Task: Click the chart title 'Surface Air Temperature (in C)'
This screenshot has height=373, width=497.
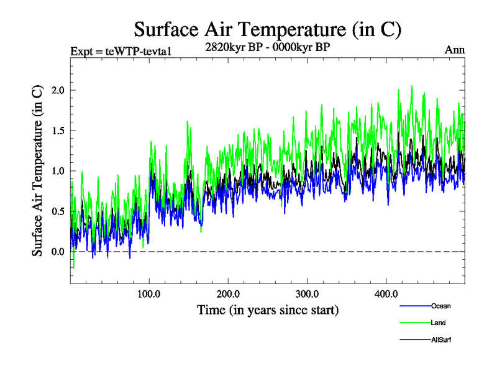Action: coord(268,29)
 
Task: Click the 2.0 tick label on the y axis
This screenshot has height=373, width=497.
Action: coord(58,90)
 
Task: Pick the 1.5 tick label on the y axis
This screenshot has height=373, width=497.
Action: coord(58,131)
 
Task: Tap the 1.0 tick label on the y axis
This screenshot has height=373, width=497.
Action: coord(58,171)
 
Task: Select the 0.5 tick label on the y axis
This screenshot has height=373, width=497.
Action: coord(58,211)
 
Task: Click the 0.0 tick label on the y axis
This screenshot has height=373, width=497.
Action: coord(58,252)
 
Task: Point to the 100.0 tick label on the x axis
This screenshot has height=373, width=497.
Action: coord(149,293)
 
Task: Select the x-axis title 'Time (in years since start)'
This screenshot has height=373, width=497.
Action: coord(268,309)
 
